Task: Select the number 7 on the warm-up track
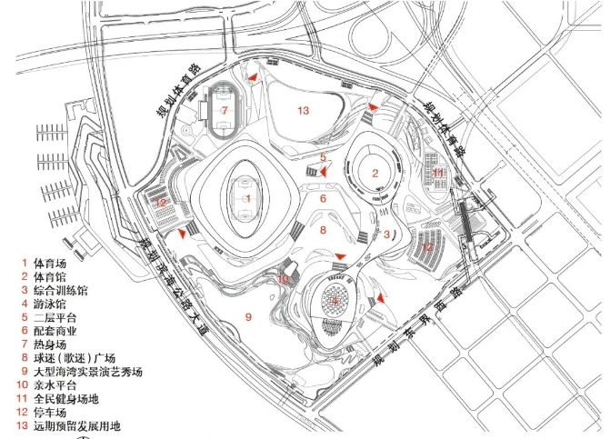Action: point(224,110)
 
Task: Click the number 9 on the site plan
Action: point(247,316)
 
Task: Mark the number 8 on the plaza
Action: point(322,231)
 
